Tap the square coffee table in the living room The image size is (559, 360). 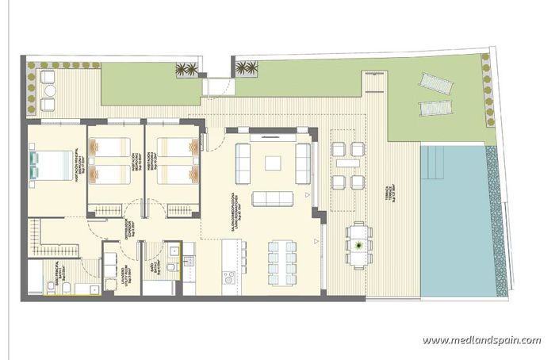[x=273, y=163]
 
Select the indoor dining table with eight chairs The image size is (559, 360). [x=281, y=257]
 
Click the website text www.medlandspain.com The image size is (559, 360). [x=481, y=341]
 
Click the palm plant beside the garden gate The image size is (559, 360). [x=187, y=71]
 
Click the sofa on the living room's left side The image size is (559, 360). [x=243, y=163]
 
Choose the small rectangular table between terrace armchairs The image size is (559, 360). [x=348, y=163]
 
